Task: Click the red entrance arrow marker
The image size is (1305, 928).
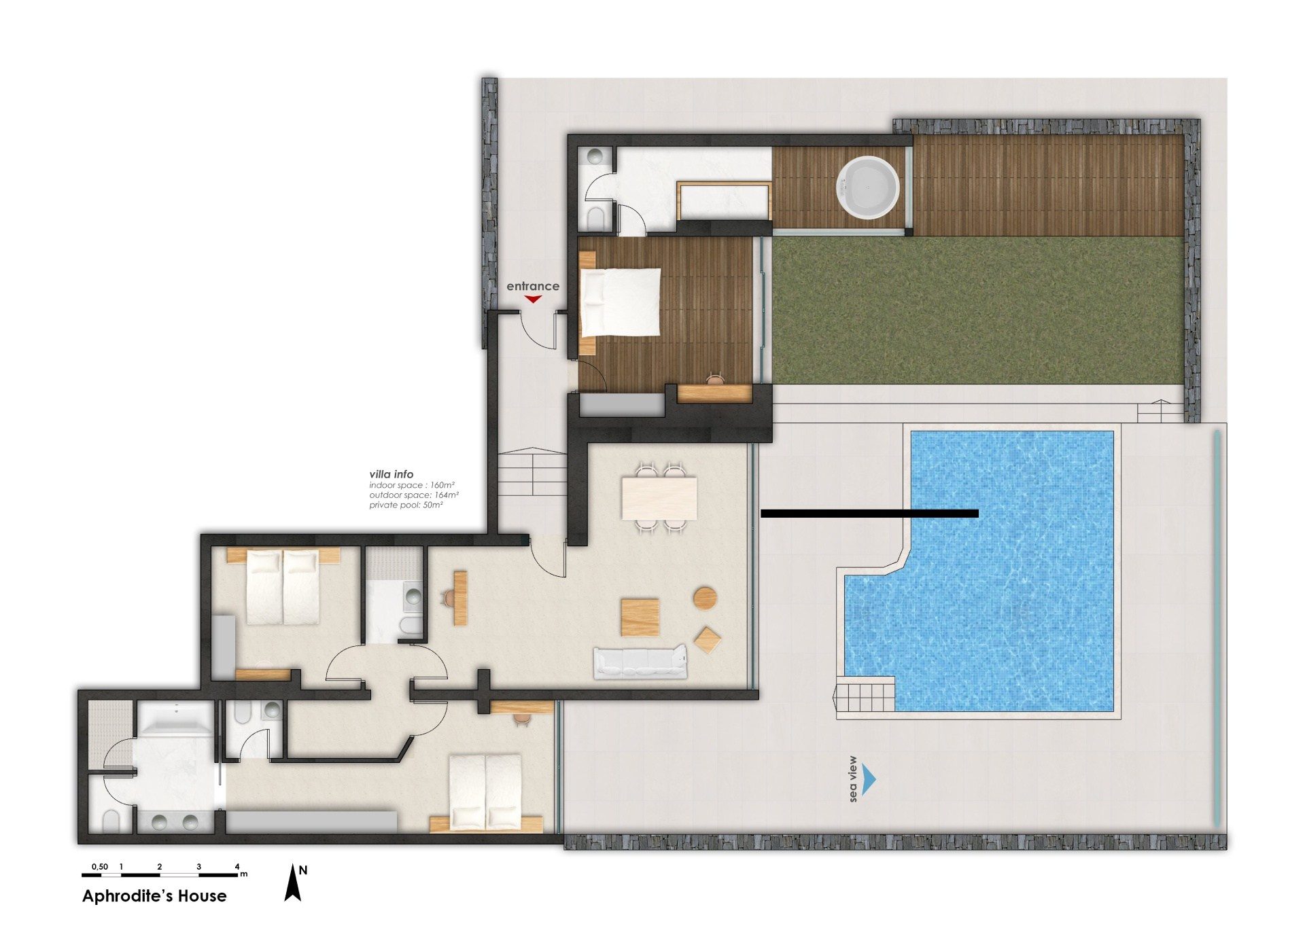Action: tap(533, 299)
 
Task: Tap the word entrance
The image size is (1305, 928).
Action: tap(533, 286)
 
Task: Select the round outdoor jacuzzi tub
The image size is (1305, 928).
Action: tap(868, 188)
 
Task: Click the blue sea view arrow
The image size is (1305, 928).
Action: tap(869, 779)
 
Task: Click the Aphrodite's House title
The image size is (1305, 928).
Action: tap(154, 896)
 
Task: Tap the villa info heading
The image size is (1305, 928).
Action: tap(391, 474)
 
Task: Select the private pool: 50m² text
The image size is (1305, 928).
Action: tap(406, 505)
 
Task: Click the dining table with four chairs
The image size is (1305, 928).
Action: tap(659, 498)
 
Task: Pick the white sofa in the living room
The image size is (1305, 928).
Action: tap(640, 663)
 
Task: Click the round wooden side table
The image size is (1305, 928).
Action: tap(705, 599)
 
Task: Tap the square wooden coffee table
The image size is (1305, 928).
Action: tap(640, 617)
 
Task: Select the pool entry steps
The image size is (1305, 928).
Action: tap(865, 696)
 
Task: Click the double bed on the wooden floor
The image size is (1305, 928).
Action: tap(620, 302)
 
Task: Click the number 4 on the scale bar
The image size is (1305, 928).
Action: tap(237, 866)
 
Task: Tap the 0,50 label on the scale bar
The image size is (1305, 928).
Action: tap(100, 866)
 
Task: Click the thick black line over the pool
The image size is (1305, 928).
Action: tap(869, 514)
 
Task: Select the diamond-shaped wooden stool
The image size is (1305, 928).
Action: tap(708, 640)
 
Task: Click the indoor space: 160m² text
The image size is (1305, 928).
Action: tap(412, 485)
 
